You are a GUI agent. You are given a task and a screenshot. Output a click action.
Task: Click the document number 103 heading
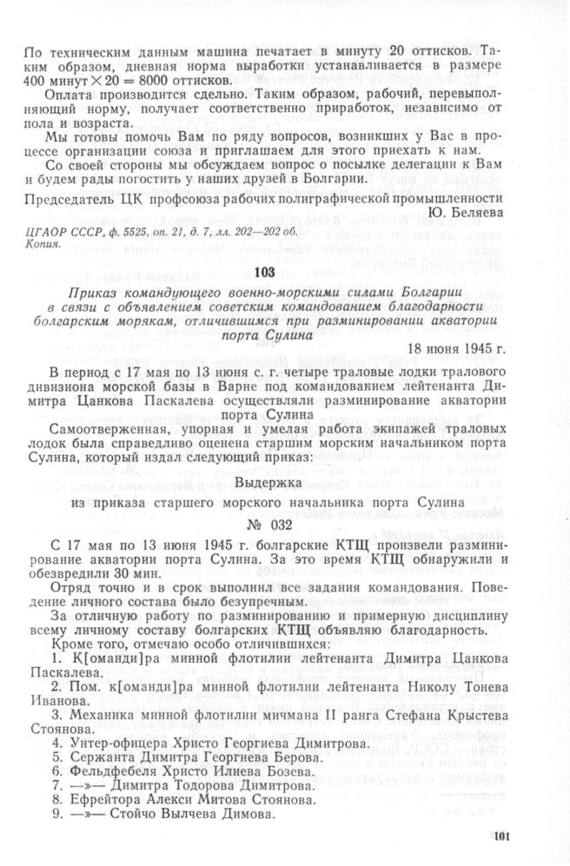285,273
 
